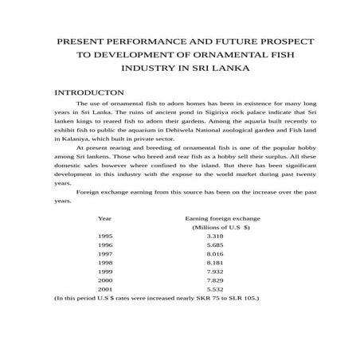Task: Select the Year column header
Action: [x=104, y=217]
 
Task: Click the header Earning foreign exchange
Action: [x=222, y=217]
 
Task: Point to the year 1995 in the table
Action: [x=105, y=237]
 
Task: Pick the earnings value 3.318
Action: [x=215, y=237]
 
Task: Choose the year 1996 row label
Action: [x=105, y=247]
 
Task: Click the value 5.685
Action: [x=215, y=247]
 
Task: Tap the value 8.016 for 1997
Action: [x=215, y=257]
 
